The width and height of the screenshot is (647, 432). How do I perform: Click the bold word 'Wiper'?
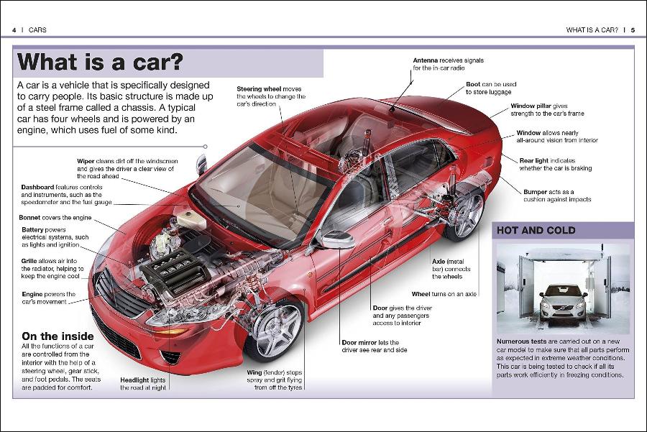[86, 160]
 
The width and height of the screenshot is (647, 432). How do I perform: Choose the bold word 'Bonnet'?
[32, 217]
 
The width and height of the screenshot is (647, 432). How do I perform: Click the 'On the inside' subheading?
[58, 336]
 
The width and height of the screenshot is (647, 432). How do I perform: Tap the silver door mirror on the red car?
[336, 239]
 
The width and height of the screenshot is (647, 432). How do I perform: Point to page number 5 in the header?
[633, 30]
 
